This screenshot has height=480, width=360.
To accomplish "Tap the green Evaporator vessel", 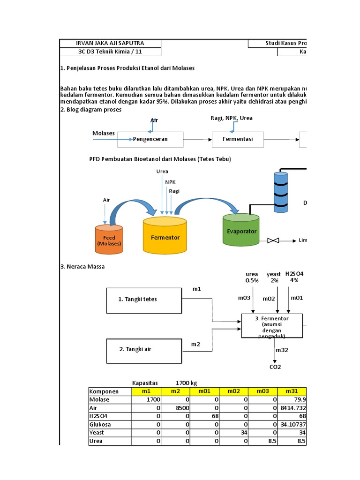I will pyautogui.click(x=241, y=230).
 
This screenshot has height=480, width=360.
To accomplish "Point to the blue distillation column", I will pyautogui.click(x=280, y=190).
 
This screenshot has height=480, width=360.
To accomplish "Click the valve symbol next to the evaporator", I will pyautogui.click(x=273, y=240).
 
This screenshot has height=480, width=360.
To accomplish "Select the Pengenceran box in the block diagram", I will pyautogui.click(x=150, y=139).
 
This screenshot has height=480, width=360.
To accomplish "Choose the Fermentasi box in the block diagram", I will pyautogui.click(x=238, y=139).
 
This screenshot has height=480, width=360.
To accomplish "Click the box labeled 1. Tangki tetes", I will pyautogui.click(x=144, y=299).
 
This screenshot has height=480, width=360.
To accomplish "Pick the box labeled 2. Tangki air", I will pyautogui.click(x=144, y=349).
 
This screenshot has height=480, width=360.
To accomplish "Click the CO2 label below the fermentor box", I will pyautogui.click(x=275, y=367).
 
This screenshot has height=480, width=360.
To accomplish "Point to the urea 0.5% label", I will pyautogui.click(x=252, y=277).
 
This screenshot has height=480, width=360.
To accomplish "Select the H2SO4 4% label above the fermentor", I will pyautogui.click(x=294, y=277).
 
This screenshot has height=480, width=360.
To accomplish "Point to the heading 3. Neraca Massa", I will pyautogui.click(x=82, y=266).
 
